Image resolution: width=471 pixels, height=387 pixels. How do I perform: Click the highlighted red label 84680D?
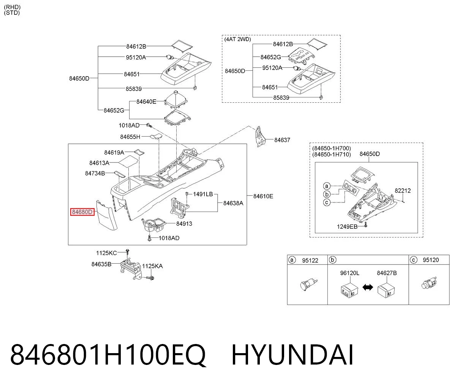tap(82, 212)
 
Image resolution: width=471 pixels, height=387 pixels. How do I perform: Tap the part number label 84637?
tap(282, 140)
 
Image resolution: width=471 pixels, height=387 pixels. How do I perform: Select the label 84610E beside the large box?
tap(263, 196)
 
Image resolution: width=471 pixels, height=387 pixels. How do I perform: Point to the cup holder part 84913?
tap(154, 225)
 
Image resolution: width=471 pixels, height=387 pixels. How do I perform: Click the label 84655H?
tap(130, 137)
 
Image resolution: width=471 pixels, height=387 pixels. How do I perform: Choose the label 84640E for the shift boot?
tap(146, 102)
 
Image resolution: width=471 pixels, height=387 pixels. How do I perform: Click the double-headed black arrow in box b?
tap(368, 287)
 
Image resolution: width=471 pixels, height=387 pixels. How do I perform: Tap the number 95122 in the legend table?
tap(310, 260)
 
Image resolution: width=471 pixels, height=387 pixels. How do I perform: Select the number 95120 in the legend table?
tap(431, 260)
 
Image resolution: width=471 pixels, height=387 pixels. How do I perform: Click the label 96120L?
tap(350, 273)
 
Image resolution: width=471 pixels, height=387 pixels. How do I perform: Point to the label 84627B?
tap(387, 273)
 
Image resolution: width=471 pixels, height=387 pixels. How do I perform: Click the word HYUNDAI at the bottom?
tap(292, 355)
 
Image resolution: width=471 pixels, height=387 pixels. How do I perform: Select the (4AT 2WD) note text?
tap(238, 39)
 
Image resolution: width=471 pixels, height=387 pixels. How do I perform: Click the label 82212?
tap(403, 191)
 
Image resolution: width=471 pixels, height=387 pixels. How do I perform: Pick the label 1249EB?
tap(347, 227)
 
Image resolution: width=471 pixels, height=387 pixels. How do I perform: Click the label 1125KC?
tap(106, 253)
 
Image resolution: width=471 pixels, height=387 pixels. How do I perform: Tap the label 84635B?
tap(101, 264)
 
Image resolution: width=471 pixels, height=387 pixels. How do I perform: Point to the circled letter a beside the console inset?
tap(327, 186)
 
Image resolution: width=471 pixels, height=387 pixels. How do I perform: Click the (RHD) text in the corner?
tap(12, 7)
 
